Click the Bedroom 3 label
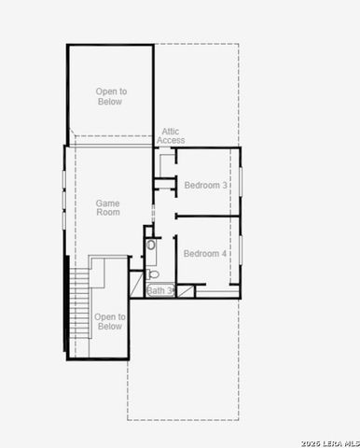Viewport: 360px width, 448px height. [205, 185]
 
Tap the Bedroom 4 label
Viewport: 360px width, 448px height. [205, 254]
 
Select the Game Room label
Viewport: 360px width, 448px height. [108, 207]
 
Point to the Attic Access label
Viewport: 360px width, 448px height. [172, 136]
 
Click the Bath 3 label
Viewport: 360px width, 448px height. [159, 291]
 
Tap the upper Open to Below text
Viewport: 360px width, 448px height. [110, 96]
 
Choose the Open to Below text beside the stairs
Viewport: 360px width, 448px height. [109, 322]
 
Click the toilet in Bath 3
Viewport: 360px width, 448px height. [153, 274]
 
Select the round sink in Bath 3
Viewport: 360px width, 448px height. [151, 245]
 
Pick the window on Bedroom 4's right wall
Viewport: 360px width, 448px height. [240, 249]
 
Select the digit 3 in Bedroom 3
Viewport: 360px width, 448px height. [225, 185]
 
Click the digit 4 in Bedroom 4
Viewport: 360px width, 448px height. [225, 254]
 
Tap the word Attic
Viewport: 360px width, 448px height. [171, 132]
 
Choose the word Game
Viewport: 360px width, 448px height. [108, 202]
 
